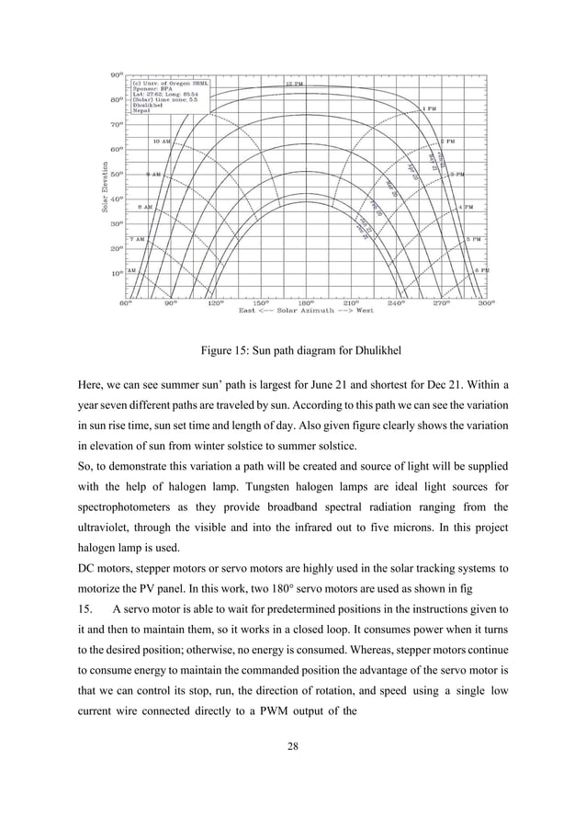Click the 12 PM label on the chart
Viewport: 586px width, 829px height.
pos(293,83)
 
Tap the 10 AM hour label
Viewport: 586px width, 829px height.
pos(161,142)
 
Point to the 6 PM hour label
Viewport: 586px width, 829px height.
pos(481,270)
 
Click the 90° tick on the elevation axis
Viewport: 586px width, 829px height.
pos(117,74)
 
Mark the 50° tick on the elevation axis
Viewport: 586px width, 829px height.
pos(117,174)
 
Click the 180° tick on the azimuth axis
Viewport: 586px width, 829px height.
pos(305,301)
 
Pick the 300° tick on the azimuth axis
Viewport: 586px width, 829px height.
pos(485,301)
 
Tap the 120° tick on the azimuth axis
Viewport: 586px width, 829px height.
pos(215,301)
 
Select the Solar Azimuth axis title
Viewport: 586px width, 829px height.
pos(306,311)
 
